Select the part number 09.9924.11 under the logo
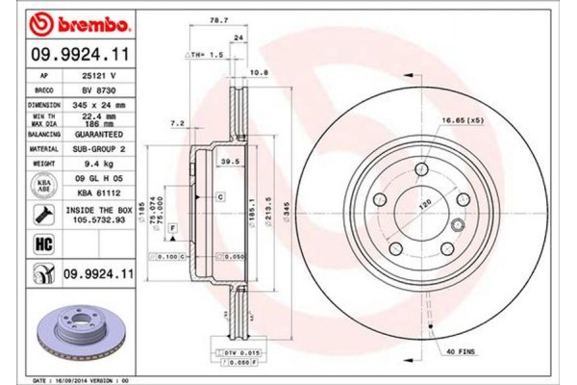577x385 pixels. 69,57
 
